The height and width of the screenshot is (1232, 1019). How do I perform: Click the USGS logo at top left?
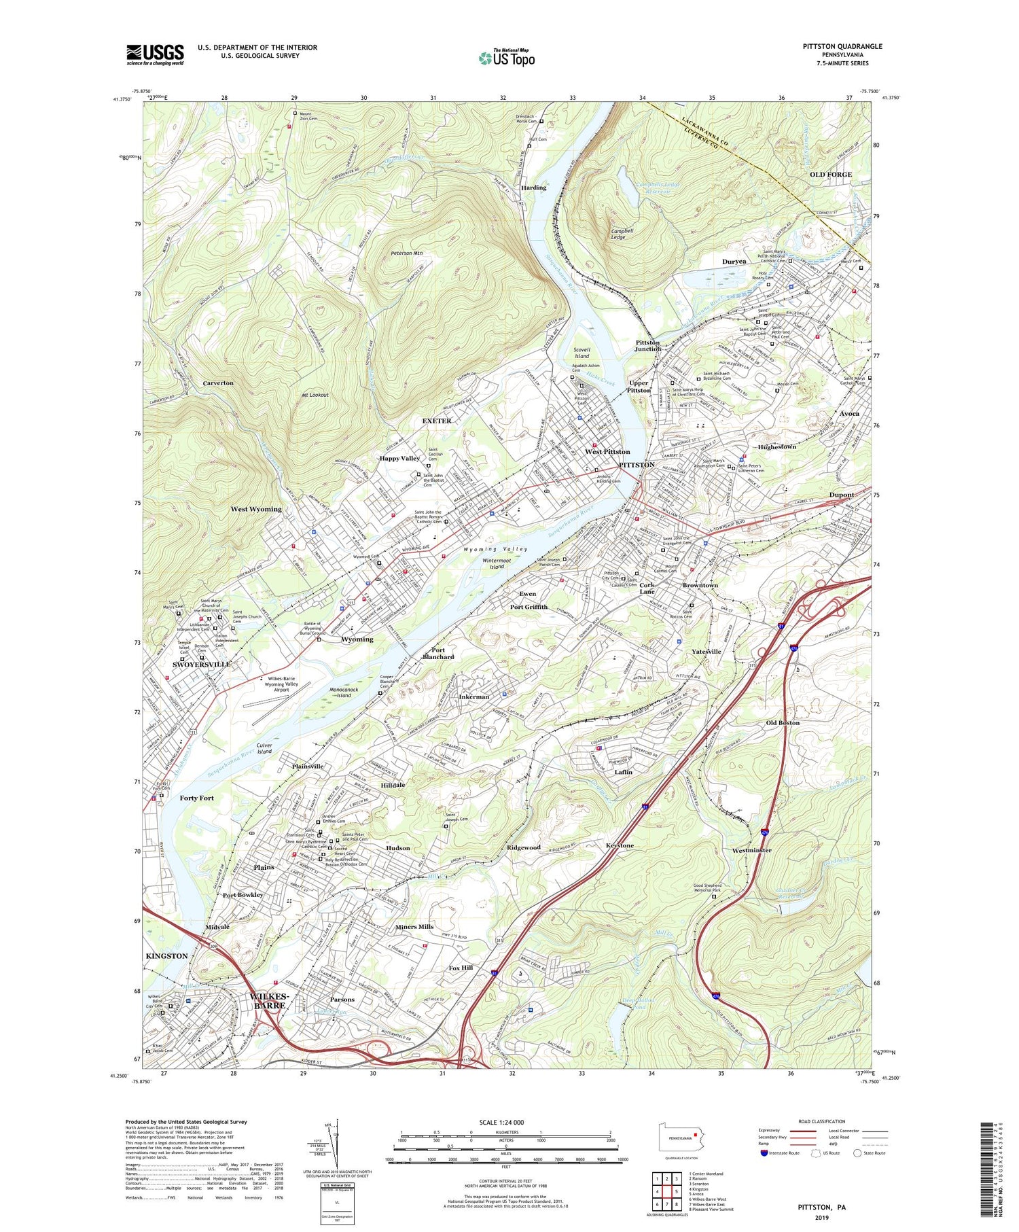point(155,54)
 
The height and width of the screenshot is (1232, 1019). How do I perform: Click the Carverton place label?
point(218,383)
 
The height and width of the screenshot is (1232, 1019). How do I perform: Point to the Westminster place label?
point(751,850)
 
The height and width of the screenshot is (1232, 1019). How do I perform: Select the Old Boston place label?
point(783,722)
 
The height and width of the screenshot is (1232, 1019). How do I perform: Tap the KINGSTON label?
point(166,956)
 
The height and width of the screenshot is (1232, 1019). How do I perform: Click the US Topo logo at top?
point(506,58)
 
